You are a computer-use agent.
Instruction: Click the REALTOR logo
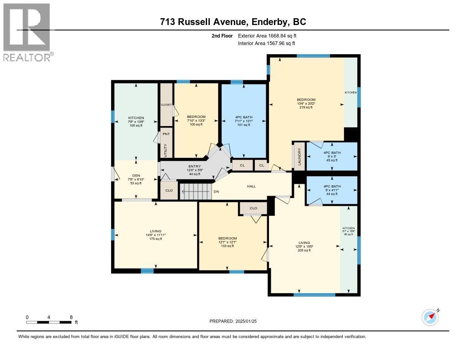(x=27, y=32)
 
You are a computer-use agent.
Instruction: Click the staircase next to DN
(x=196, y=191)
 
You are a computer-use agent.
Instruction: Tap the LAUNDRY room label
(x=299, y=157)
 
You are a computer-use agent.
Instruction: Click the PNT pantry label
(x=166, y=134)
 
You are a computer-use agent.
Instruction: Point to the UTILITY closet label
(x=166, y=150)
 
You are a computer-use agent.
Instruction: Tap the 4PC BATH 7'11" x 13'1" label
(x=243, y=121)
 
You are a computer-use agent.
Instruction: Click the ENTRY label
(x=194, y=170)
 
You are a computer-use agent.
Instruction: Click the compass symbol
(x=430, y=317)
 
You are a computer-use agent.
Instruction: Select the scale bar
(x=49, y=322)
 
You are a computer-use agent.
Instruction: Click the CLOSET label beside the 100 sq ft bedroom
(x=166, y=105)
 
